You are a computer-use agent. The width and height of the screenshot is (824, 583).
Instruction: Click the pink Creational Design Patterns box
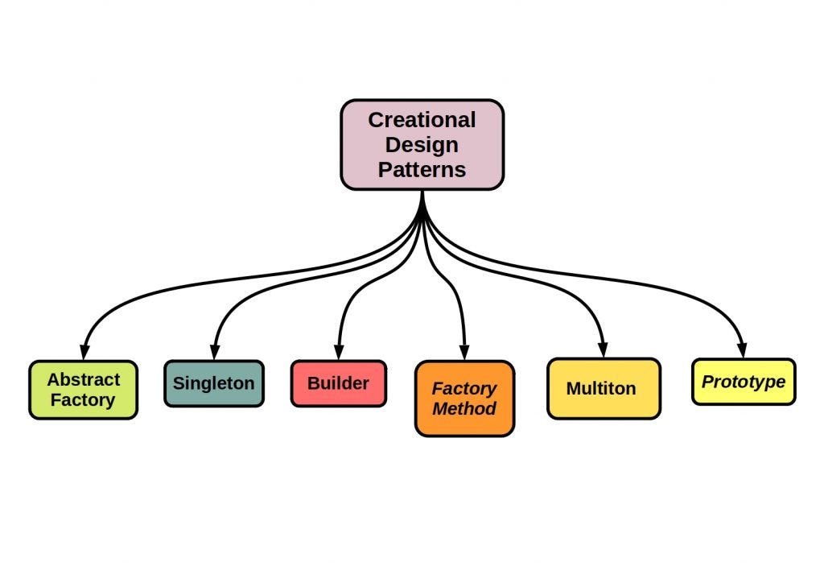(x=422, y=145)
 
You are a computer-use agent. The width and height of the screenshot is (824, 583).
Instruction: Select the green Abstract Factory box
(x=83, y=390)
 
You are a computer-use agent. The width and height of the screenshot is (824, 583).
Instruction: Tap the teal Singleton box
(x=213, y=383)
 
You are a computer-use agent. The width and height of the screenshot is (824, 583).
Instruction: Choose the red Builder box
(x=338, y=383)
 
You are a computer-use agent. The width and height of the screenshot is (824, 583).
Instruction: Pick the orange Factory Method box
(x=464, y=399)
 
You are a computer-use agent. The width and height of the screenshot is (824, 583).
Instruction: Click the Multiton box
(x=603, y=388)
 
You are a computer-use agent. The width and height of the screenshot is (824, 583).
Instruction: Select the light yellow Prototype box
(x=743, y=382)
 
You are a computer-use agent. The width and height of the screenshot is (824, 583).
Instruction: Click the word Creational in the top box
(x=422, y=120)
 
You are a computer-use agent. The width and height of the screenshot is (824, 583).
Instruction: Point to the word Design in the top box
(x=422, y=145)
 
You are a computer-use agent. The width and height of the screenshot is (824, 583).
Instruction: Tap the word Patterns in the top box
(x=422, y=170)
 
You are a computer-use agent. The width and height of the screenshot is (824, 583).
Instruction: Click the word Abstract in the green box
(x=83, y=379)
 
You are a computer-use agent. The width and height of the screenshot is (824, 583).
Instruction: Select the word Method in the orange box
(x=464, y=408)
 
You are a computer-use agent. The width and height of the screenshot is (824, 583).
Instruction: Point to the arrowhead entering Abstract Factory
(x=84, y=352)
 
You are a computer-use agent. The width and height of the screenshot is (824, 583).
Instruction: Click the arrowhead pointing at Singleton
(x=213, y=352)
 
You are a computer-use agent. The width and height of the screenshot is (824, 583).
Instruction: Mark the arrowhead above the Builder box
(x=339, y=352)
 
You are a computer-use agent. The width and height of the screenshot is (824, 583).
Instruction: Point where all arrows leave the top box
(x=422, y=193)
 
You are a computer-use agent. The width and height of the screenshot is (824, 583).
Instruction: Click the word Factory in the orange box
(x=464, y=388)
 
